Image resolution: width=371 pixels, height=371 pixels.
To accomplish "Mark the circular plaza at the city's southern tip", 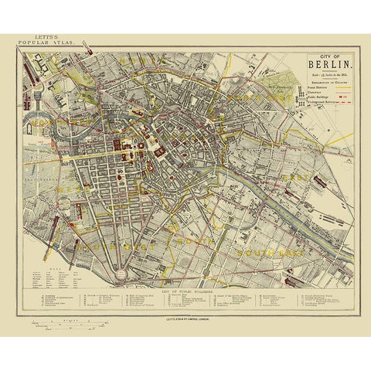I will [x=121, y=273].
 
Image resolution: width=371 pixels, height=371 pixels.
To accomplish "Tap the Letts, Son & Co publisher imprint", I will [x=185, y=317].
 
